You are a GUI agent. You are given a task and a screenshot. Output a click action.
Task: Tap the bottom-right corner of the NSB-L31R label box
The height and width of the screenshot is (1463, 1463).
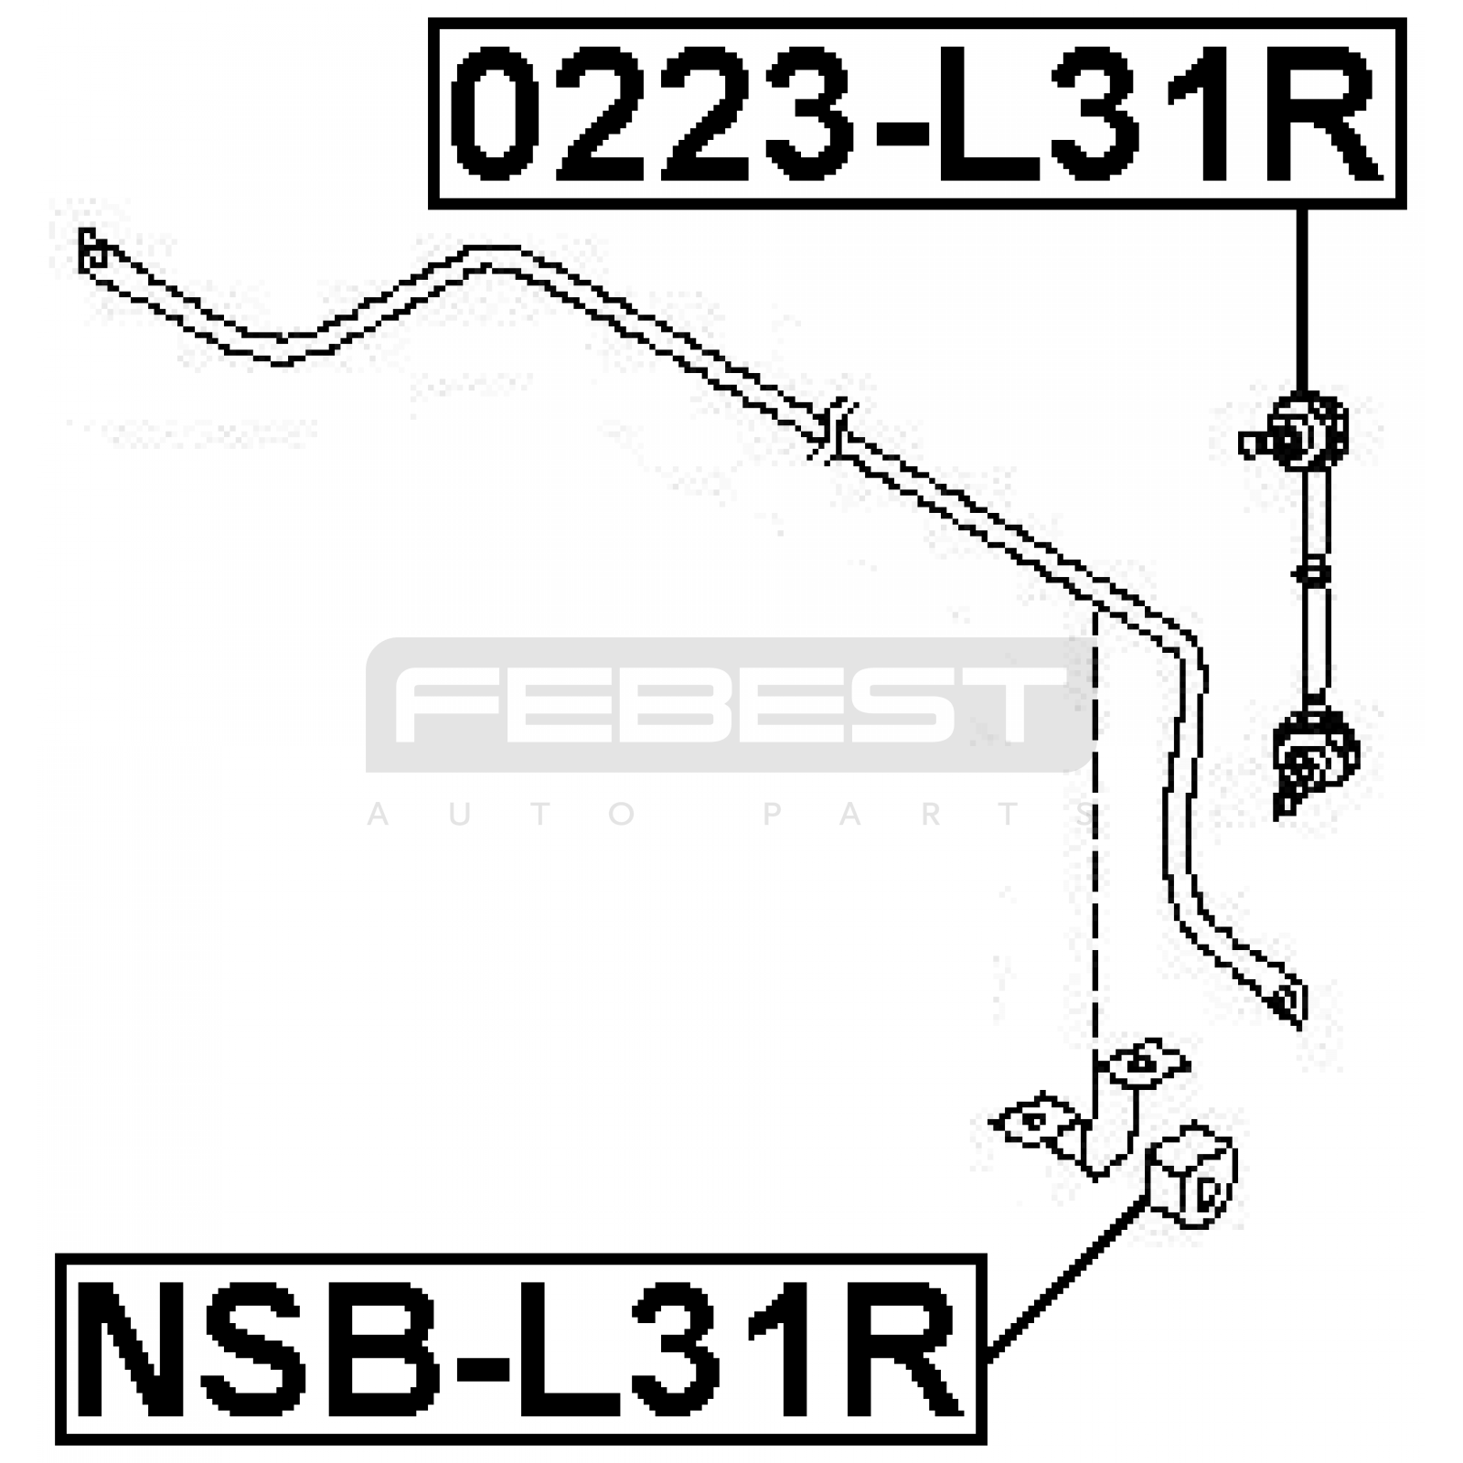pos(985,1442)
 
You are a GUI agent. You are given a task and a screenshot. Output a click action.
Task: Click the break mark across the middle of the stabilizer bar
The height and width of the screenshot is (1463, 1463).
pos(834,430)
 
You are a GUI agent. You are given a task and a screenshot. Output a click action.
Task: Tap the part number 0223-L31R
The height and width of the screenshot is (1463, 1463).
pos(916,113)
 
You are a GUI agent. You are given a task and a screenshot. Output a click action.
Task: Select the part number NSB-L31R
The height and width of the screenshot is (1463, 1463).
pos(520,1350)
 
